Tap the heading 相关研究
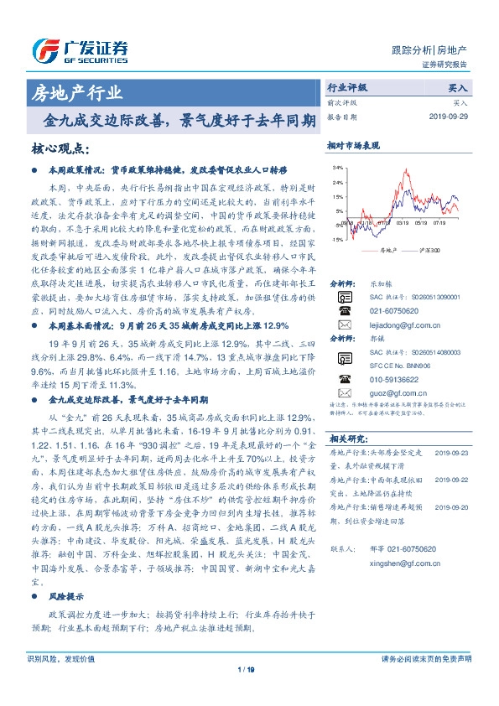click(345, 439)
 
